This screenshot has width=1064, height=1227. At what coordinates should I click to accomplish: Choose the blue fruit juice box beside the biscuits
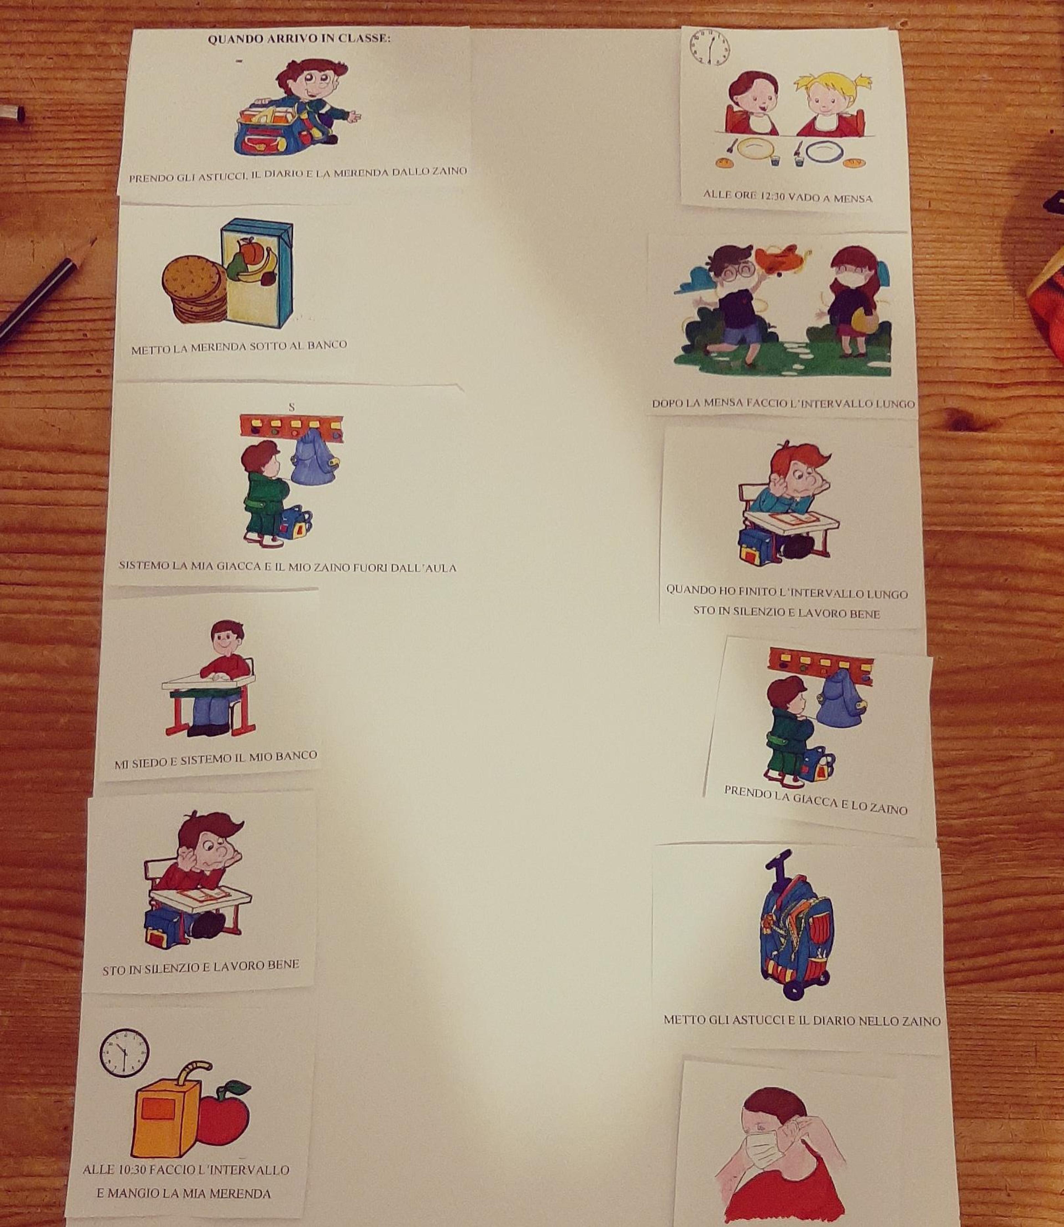[x=257, y=275]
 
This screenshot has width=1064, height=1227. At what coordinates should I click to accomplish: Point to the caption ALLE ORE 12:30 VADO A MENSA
[x=788, y=196]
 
